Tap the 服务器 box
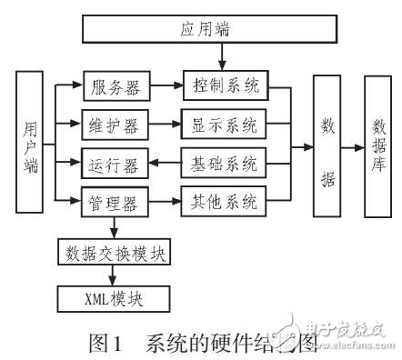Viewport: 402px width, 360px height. (114, 89)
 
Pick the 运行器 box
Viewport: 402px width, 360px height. (114, 165)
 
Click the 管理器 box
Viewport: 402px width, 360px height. (114, 202)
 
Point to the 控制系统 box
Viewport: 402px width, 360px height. (225, 88)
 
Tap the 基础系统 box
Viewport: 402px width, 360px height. (225, 165)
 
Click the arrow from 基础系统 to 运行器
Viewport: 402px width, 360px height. (165, 165)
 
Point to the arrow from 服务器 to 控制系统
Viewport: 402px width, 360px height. (165, 89)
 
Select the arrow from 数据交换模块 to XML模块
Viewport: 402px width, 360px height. (115, 274)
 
